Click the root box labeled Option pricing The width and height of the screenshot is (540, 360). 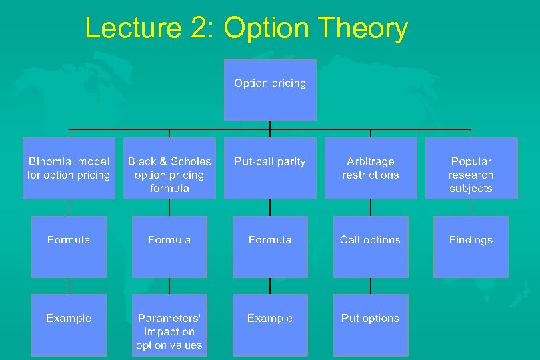(270, 90)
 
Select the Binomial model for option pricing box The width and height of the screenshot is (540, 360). (69, 168)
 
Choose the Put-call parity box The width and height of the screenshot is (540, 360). (270, 168)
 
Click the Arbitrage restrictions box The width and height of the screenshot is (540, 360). (371, 168)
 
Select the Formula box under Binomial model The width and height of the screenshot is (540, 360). (69, 247)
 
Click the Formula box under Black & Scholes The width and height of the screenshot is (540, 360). (169, 247)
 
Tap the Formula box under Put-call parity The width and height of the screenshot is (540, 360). (270, 247)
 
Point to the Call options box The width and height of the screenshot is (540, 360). (371, 247)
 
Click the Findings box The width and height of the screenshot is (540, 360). (471, 247)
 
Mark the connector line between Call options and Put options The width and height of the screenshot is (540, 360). (371, 286)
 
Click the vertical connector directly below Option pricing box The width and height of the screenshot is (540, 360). (270, 125)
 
